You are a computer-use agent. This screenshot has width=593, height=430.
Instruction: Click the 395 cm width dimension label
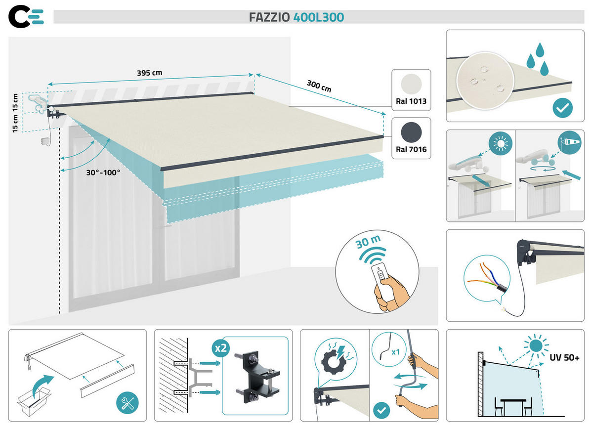(149, 73)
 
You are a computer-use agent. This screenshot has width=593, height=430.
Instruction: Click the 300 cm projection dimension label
(319, 86)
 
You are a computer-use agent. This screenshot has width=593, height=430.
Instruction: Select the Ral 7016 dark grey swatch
(411, 131)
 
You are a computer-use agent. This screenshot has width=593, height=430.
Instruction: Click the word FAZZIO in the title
(270, 17)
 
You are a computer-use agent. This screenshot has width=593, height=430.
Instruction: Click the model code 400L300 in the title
(319, 17)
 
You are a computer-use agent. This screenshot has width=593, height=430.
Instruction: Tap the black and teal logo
(26, 17)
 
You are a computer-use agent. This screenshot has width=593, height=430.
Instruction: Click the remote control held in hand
(381, 277)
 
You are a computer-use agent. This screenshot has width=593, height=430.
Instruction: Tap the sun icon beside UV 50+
(536, 345)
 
